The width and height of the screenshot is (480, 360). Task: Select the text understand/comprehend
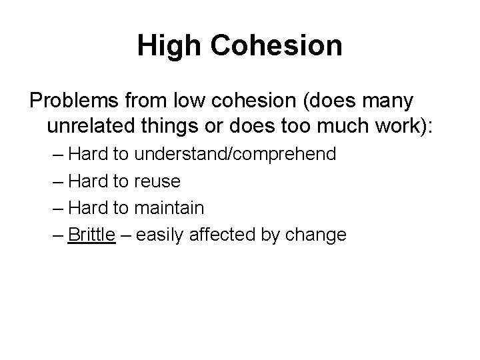click(235, 155)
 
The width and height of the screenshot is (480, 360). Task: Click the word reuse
click(157, 181)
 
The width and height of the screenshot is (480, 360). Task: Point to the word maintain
click(169, 208)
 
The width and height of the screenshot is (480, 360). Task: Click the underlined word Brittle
click(92, 235)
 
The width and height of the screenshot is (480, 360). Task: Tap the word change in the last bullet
click(317, 235)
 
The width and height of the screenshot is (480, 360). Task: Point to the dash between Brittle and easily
click(126, 235)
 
